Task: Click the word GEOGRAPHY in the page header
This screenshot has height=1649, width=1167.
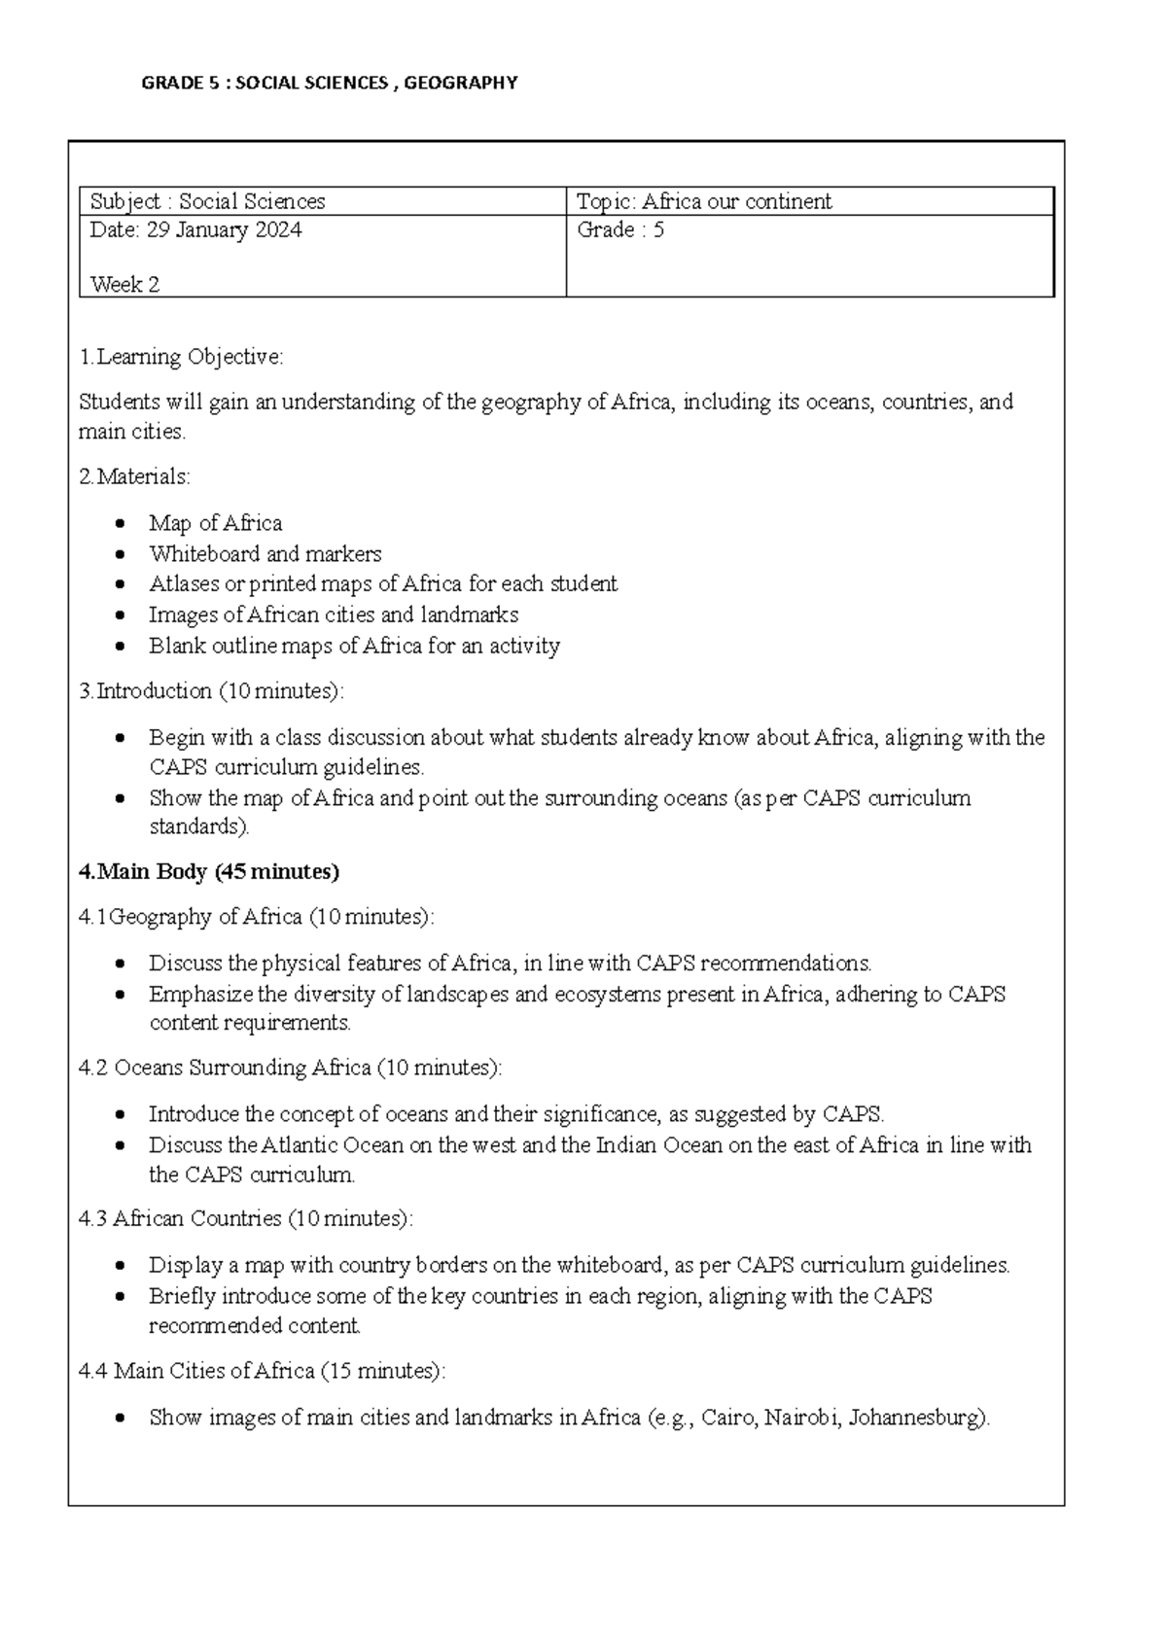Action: [460, 84]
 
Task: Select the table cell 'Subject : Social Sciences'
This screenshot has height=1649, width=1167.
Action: [208, 202]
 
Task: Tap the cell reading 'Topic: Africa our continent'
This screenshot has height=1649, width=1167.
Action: [704, 202]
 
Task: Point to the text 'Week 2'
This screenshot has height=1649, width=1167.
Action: [124, 285]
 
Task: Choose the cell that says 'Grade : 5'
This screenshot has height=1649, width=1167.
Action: [620, 230]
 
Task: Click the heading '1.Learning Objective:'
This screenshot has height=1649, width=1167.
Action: [181, 357]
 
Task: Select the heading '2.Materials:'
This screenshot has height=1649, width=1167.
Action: [134, 477]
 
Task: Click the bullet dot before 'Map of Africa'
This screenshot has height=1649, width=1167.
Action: [120, 524]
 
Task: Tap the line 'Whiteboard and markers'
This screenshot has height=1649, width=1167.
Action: [265, 554]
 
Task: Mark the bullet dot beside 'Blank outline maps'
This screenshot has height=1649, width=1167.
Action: [120, 647]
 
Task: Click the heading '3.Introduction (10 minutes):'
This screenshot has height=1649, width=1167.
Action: [211, 691]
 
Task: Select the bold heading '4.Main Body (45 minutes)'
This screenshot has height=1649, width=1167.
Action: [208, 872]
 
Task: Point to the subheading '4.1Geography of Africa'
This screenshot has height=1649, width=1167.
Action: [191, 917]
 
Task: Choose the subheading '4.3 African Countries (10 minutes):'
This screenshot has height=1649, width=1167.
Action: [245, 1219]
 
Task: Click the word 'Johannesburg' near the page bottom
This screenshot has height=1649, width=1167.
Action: [917, 1418]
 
